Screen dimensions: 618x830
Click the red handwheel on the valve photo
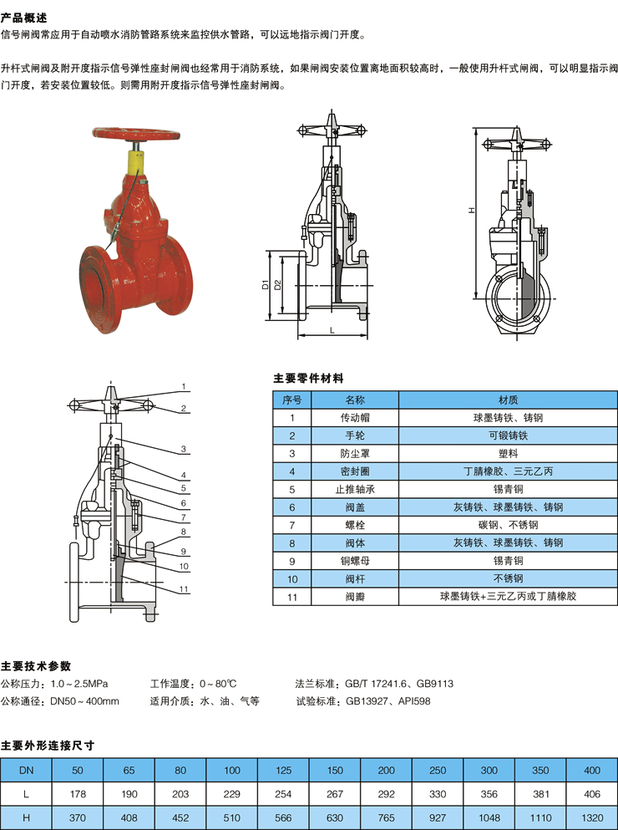[x=136, y=134]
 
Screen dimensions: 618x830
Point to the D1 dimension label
[x=266, y=285]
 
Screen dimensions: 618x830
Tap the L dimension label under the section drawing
[x=332, y=330]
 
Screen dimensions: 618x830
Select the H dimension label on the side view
[x=473, y=210]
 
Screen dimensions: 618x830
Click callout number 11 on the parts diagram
[x=184, y=588]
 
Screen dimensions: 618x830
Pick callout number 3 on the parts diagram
[x=184, y=450]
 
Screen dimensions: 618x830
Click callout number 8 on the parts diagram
[x=183, y=532]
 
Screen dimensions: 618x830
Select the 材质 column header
[x=508, y=400]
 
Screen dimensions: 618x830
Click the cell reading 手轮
[x=355, y=435]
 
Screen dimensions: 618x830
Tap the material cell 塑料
[x=508, y=454]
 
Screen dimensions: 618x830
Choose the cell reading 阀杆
[x=355, y=578]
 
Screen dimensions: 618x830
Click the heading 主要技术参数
[x=35, y=666]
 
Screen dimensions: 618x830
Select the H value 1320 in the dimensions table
[x=591, y=817]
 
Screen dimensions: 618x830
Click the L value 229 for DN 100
[x=232, y=794]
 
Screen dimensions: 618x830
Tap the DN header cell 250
[x=438, y=770]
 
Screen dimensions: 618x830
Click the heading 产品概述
[x=24, y=18]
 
